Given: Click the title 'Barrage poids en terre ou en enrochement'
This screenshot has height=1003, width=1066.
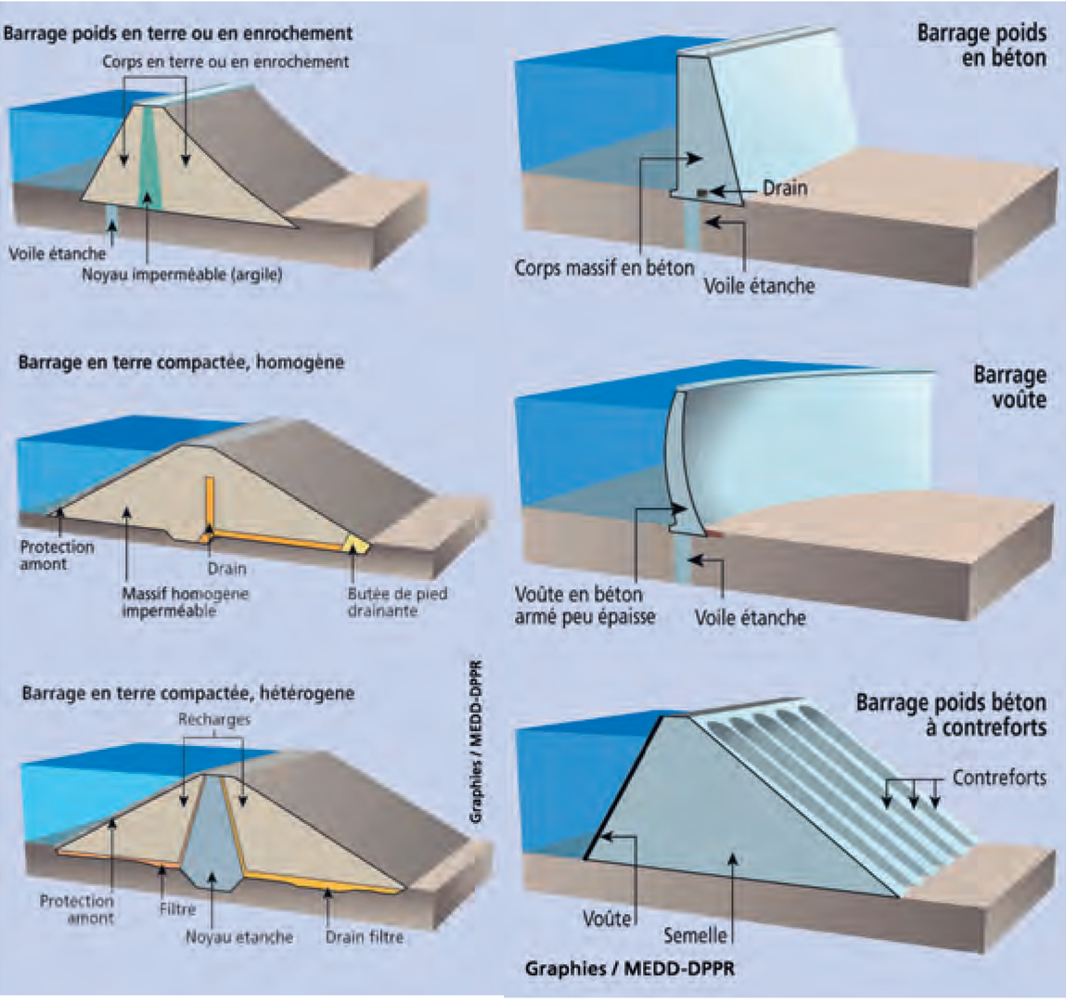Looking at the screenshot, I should click(x=178, y=33).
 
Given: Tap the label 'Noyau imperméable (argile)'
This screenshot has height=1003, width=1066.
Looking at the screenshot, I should click(x=182, y=275).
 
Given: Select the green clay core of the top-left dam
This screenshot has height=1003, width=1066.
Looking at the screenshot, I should click(x=148, y=158).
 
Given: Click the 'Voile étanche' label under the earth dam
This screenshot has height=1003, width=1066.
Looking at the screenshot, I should click(x=58, y=252).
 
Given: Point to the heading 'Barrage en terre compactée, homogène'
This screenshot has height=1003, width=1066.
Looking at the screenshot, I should click(x=181, y=362).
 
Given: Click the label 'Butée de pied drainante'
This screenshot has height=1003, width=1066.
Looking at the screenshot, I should click(x=397, y=602).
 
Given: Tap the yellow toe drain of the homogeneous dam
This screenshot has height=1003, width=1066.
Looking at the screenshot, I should click(x=355, y=545).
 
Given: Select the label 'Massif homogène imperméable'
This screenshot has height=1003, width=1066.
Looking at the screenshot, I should click(x=185, y=602).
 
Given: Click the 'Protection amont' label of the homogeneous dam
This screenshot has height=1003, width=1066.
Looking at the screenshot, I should click(x=58, y=555).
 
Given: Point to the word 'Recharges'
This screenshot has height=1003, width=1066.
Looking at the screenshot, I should click(x=213, y=720).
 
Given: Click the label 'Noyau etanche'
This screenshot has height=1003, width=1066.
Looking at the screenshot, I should click(x=238, y=937).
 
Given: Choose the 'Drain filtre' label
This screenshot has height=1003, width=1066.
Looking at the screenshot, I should click(x=365, y=937).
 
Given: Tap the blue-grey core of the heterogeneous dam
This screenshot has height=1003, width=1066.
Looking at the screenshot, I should click(x=212, y=835).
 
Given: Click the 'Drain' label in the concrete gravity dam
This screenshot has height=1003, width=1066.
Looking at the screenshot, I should click(x=785, y=188).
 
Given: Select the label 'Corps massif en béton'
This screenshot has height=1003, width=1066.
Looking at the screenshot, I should click(x=604, y=268).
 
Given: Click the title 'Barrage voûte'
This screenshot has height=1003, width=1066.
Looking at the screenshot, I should click(x=1009, y=387).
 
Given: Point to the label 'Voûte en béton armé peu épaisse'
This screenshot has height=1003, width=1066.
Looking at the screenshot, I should click(x=584, y=605).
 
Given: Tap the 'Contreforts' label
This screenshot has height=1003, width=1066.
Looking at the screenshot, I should click(x=999, y=778).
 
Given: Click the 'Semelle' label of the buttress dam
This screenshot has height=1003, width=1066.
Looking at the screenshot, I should click(x=695, y=935).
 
